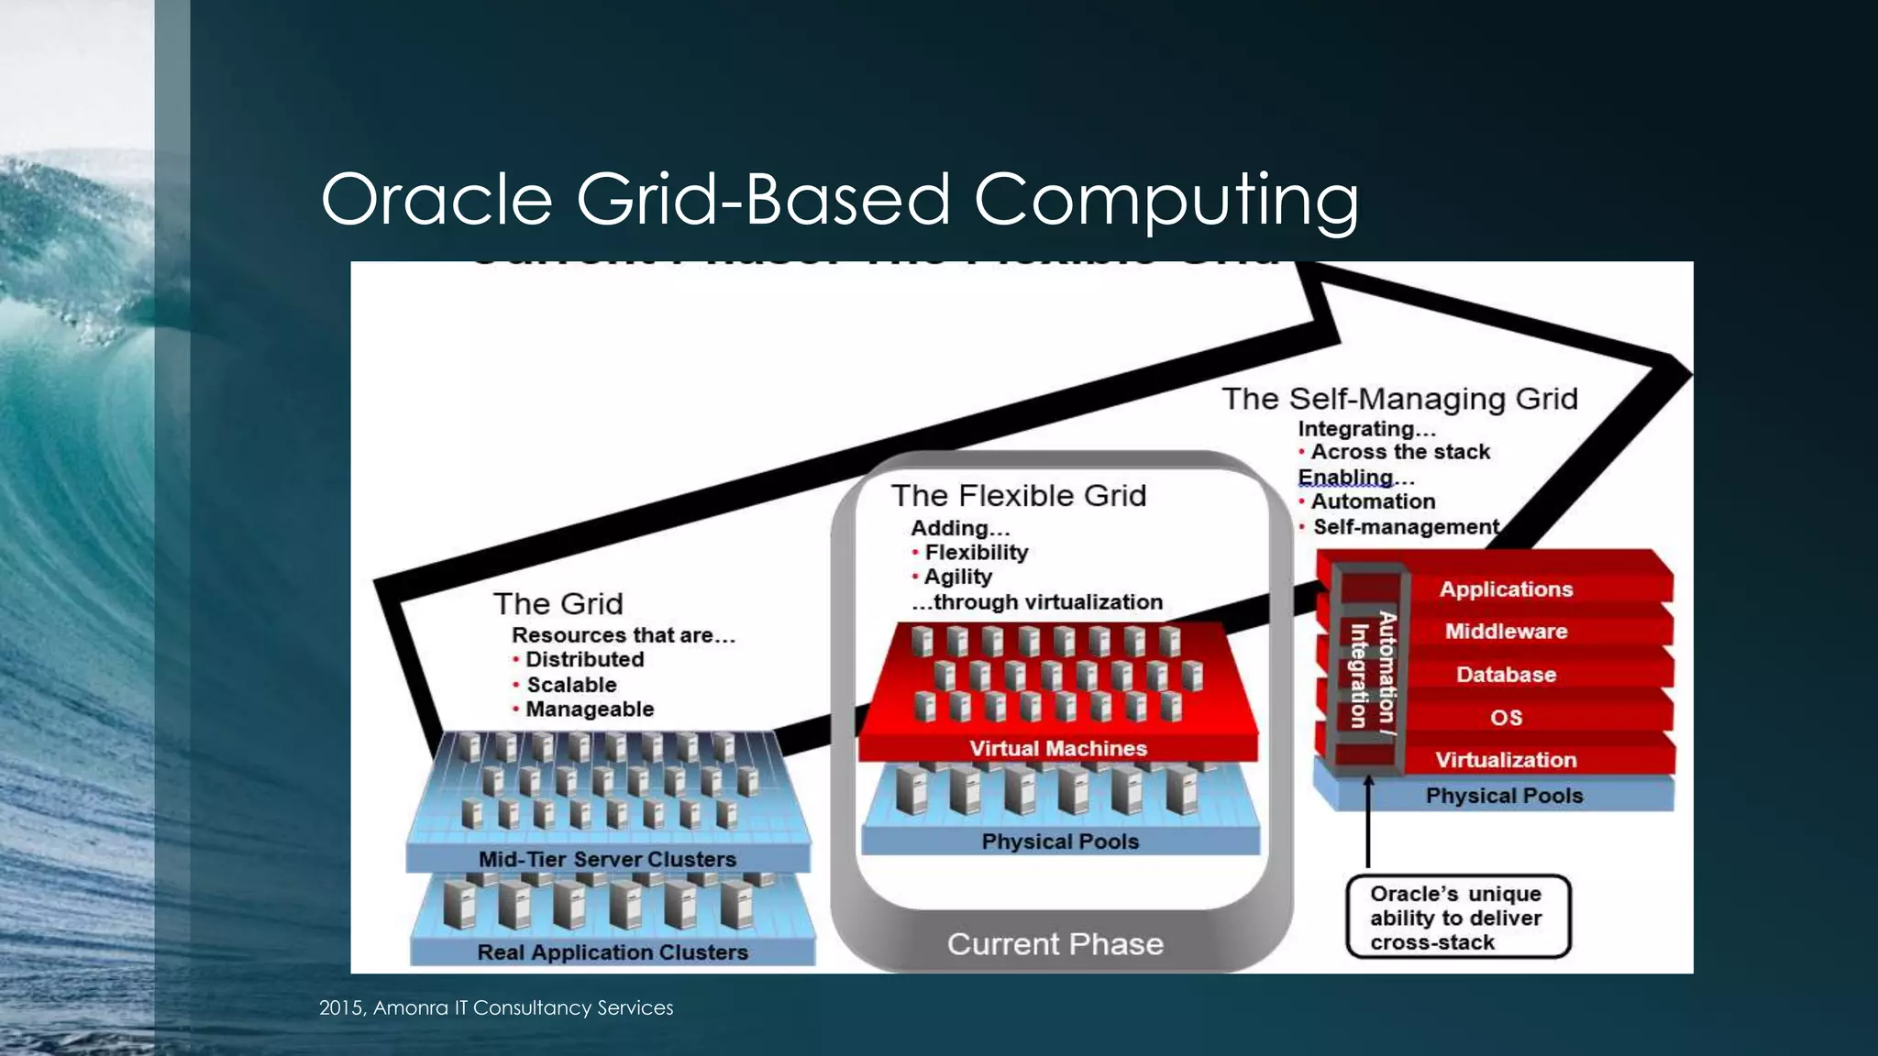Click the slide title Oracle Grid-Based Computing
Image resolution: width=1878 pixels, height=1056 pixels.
839,199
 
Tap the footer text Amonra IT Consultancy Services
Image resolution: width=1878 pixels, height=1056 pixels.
495,1007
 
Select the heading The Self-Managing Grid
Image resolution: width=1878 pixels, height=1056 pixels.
1399,399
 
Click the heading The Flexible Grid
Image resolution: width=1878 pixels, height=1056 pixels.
1018,496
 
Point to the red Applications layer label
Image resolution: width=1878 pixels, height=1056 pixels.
1506,589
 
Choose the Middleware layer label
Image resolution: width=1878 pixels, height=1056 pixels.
1506,632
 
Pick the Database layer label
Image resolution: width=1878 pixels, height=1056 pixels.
1506,675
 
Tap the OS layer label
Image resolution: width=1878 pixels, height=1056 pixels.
1506,717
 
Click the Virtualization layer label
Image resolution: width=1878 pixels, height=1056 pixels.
1506,760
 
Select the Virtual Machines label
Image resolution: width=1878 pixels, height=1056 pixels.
1058,749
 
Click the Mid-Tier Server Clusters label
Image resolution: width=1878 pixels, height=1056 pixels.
607,860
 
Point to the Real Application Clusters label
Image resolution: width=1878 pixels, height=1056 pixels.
613,952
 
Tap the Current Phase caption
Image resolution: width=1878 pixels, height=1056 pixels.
1055,944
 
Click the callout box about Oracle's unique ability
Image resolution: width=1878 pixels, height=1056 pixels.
1457,918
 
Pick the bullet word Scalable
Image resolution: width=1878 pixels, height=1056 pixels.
571,685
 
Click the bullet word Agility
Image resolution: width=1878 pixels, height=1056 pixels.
957,577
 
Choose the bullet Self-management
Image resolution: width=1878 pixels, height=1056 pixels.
1406,527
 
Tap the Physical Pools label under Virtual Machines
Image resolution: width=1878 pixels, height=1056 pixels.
1060,841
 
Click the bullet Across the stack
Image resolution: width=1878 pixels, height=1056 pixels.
1400,452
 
